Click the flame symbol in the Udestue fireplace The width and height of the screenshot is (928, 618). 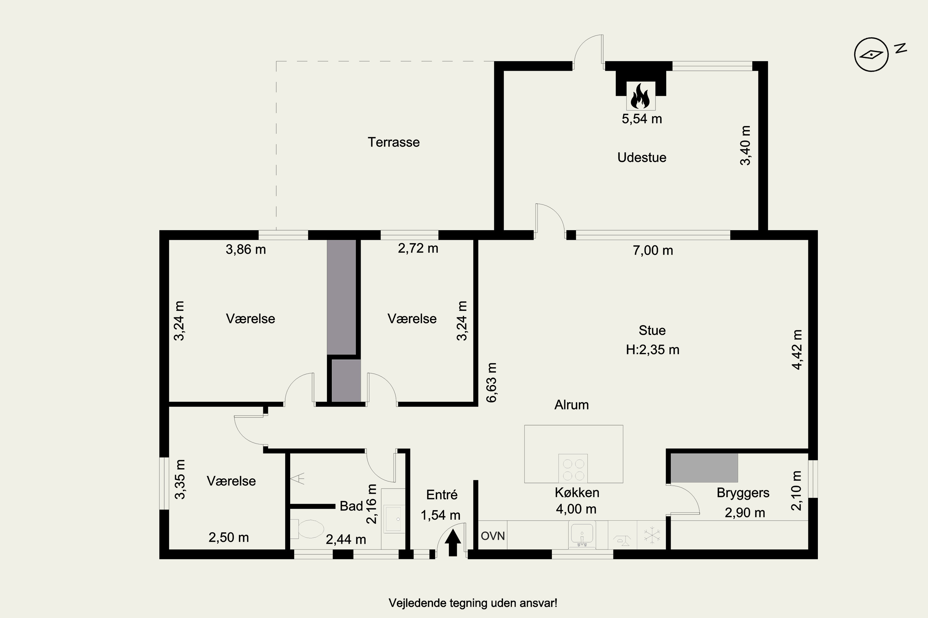pyautogui.click(x=640, y=96)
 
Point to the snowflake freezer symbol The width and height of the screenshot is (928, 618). pyautogui.click(x=652, y=535)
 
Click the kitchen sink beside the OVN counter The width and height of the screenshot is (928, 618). pyautogui.click(x=582, y=535)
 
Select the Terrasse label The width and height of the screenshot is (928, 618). pyautogui.click(x=393, y=142)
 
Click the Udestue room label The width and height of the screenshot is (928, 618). pyautogui.click(x=642, y=157)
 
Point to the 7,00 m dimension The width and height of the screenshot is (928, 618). pyautogui.click(x=653, y=250)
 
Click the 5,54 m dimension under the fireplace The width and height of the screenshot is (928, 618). pyautogui.click(x=642, y=119)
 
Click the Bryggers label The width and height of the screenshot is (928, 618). pyautogui.click(x=743, y=493)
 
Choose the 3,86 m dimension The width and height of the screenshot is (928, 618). pyautogui.click(x=246, y=249)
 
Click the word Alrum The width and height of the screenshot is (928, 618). pyautogui.click(x=571, y=405)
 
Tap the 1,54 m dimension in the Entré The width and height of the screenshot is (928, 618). pyautogui.click(x=440, y=515)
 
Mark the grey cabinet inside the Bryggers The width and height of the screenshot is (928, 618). pyautogui.click(x=704, y=468)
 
